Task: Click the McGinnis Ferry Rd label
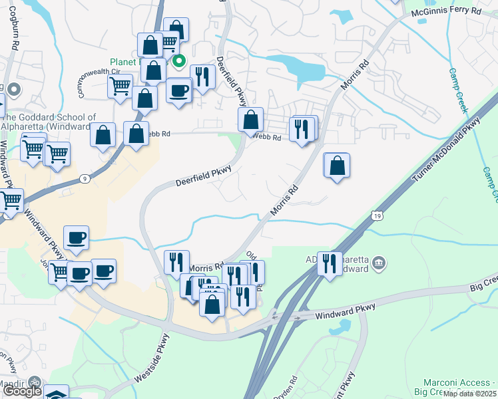coord(445,11)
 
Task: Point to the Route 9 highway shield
coord(85,178)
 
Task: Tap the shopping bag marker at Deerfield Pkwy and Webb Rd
coord(251,120)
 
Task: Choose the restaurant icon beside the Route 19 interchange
coord(329,263)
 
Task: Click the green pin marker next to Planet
coord(178,63)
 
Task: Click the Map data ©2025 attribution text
coord(470,394)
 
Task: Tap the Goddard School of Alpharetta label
coord(48,122)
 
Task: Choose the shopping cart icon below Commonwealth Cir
coord(120,86)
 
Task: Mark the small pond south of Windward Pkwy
coord(344,327)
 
